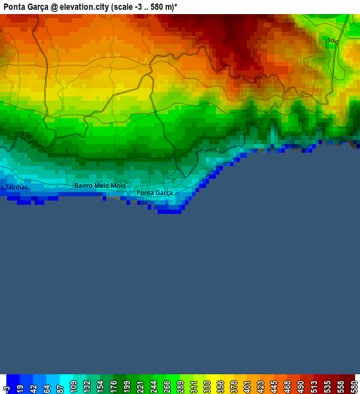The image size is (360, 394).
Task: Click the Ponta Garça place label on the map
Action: (155, 193)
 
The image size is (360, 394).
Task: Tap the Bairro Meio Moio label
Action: (100, 186)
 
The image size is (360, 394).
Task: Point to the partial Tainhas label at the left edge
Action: (14, 187)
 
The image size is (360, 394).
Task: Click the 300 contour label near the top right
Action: (333, 42)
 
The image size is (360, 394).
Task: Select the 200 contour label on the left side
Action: (26, 135)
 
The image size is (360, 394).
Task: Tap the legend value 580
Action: (353, 387)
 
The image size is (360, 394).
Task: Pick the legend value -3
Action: (6, 387)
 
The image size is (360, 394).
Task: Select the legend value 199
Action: (127, 387)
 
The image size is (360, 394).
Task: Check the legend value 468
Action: (288, 387)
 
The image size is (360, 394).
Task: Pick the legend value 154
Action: (101, 387)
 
